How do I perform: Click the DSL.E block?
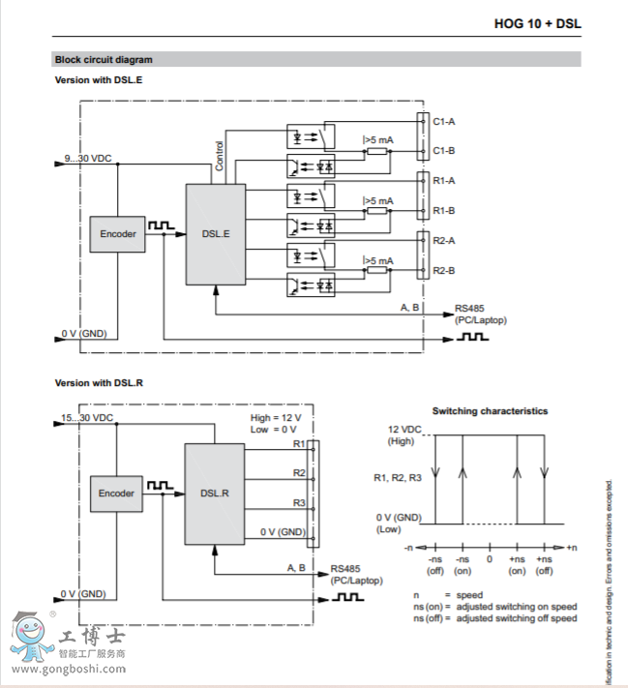216,233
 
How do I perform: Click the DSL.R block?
215,493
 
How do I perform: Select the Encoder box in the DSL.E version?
118,233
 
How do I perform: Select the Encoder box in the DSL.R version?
116,494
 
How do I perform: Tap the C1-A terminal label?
444,121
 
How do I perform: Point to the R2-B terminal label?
444,270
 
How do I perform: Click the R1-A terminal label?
444,181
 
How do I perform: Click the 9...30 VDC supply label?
88,158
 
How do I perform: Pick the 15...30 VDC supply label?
87,418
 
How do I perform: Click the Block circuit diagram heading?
104,60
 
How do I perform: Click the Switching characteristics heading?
490,411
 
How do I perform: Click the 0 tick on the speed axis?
490,559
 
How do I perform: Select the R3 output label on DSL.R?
299,503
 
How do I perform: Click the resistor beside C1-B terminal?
377,151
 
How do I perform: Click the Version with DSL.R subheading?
99,383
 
